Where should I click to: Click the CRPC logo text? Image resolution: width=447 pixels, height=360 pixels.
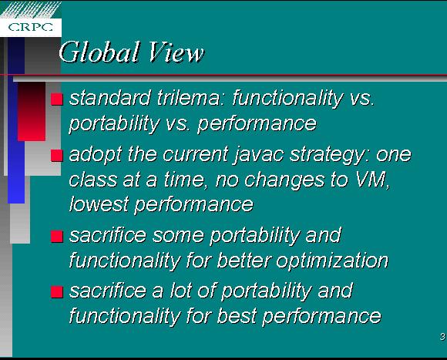click(x=31, y=27)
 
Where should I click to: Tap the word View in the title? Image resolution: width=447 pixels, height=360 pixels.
click(x=176, y=52)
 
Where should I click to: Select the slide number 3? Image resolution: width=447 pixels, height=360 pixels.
click(x=442, y=337)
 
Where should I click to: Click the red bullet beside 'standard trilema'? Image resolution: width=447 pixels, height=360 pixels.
click(x=57, y=99)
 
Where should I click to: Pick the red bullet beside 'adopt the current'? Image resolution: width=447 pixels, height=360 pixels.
click(x=57, y=156)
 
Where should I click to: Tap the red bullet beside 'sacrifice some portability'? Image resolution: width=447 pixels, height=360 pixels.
click(x=57, y=237)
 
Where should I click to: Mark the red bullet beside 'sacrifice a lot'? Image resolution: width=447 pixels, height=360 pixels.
click(x=57, y=292)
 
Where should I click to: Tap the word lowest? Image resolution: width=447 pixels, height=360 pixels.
click(x=99, y=204)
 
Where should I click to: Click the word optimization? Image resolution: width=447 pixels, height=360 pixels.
click(x=332, y=261)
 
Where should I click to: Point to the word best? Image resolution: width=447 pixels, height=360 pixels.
click(x=237, y=316)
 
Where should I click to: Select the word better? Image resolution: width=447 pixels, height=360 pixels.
click(x=244, y=260)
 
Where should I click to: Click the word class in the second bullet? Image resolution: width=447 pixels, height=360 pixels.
click(x=93, y=180)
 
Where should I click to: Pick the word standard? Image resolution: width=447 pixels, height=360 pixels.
click(x=110, y=98)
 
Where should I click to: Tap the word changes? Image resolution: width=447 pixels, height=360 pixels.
click(x=284, y=180)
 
